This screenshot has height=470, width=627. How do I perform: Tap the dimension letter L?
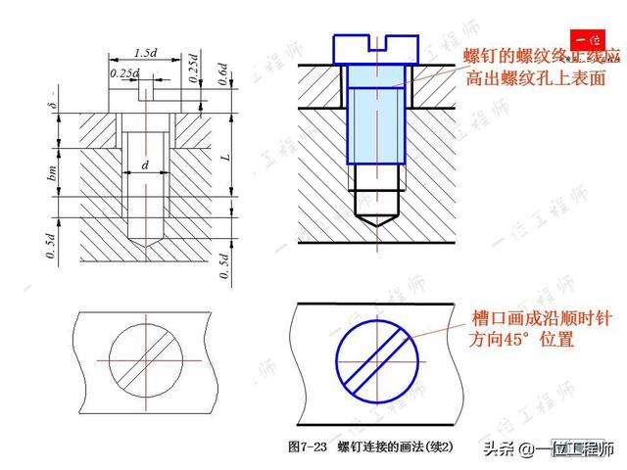pos(223,157)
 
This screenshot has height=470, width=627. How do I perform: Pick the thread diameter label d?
pos(145,165)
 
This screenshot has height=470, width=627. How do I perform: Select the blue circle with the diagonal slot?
pos(373,356)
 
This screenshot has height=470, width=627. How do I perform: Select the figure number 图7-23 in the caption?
pos(309,447)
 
